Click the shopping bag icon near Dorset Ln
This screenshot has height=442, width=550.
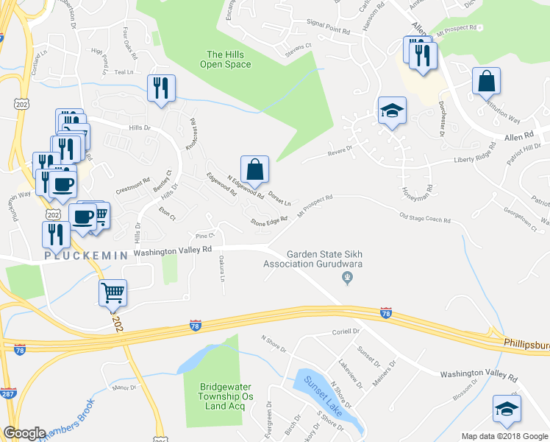[x=254, y=169]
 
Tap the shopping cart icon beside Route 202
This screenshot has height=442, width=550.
[x=113, y=292]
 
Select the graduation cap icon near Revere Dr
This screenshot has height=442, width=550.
[x=392, y=110]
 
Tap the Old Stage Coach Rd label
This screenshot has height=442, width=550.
[x=424, y=218]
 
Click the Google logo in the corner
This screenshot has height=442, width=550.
[x=24, y=433]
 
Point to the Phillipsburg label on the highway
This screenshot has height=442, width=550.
[x=526, y=343]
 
